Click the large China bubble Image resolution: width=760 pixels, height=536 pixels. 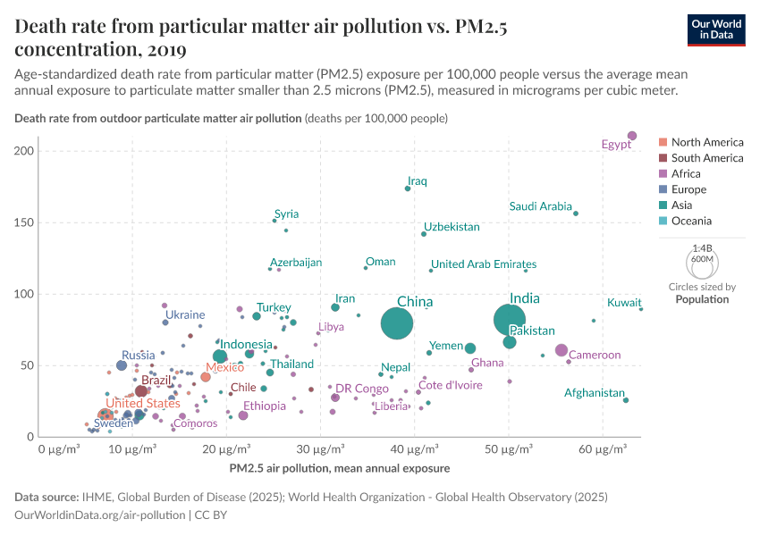click(397, 322)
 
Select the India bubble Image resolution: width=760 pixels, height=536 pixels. click(510, 319)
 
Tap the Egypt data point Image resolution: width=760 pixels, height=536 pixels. click(632, 136)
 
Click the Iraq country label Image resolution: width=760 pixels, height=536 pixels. click(418, 181)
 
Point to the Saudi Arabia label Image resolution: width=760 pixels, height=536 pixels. click(540, 206)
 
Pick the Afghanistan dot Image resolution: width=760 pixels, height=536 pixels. click(626, 400)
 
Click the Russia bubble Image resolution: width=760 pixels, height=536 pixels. click(122, 365)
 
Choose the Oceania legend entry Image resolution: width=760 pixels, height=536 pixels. click(691, 221)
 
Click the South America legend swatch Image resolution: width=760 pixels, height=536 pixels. click(663, 158)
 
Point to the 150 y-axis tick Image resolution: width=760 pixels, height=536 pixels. click(24, 222)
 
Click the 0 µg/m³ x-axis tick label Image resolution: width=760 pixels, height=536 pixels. click(59, 449)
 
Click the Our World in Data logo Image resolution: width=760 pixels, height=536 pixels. click(716, 29)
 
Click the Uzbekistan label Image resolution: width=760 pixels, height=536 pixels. click(452, 227)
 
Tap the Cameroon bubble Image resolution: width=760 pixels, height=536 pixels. click(562, 350)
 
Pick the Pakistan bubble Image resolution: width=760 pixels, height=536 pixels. click(510, 342)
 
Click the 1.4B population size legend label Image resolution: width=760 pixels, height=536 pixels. click(702, 248)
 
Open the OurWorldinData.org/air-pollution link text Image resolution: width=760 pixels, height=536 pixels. click(100, 515)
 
